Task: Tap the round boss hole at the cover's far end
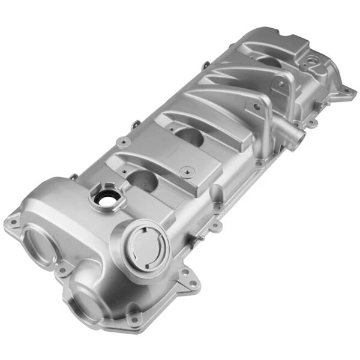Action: click(x=312, y=60)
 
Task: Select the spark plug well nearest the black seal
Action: click(x=142, y=180)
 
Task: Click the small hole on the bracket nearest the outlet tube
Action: click(x=257, y=107)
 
